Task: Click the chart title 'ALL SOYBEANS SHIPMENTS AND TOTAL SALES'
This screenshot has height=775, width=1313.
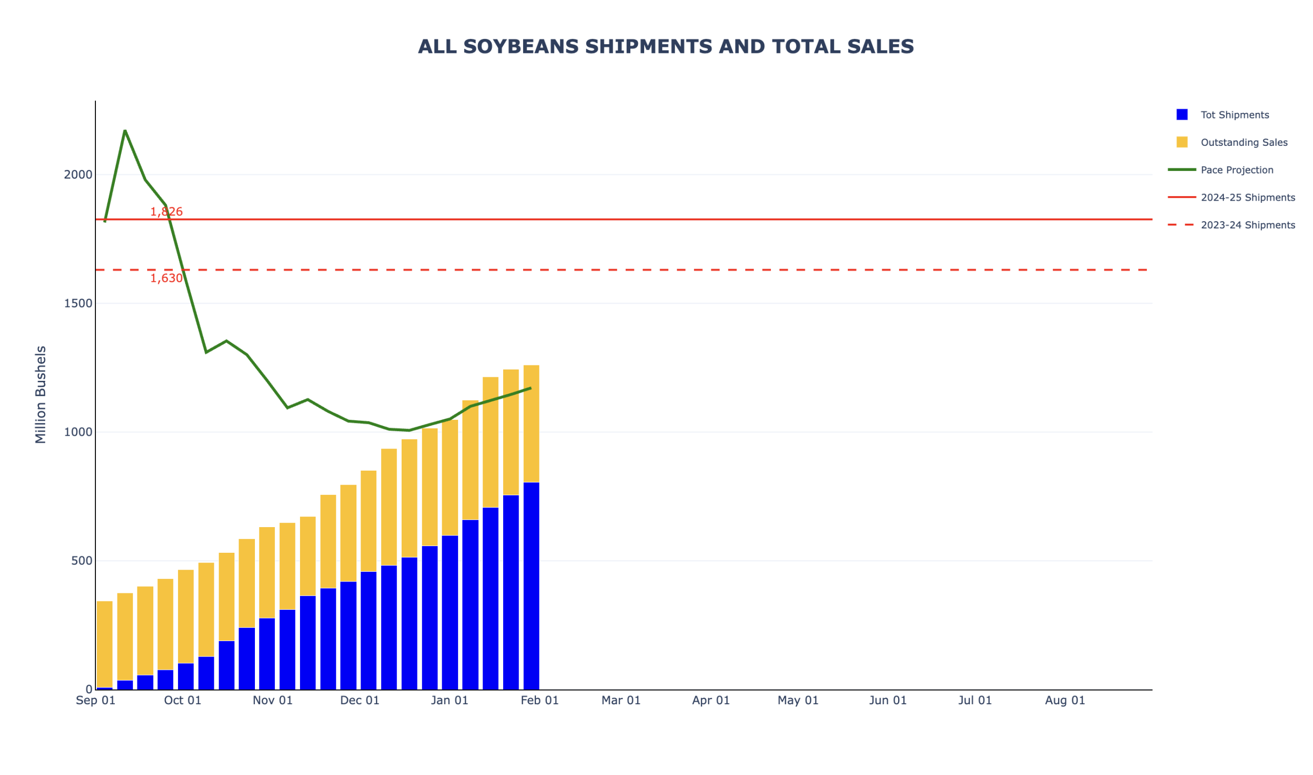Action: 665,47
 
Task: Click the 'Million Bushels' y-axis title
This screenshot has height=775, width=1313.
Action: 41,395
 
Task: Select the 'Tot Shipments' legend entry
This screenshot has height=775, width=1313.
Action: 1234,115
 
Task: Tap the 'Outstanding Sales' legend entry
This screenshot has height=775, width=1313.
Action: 1244,143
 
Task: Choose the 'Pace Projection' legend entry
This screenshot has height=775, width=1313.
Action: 1236,170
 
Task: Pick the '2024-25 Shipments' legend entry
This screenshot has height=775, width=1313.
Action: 1247,198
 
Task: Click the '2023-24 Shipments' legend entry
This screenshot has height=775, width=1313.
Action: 1247,226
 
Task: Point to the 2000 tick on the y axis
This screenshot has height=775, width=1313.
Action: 78,175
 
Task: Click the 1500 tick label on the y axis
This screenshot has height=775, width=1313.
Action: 78,303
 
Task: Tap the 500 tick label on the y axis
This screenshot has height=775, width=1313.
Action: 82,561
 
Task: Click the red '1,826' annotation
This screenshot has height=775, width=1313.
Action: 167,212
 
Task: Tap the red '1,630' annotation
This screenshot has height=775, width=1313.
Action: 167,278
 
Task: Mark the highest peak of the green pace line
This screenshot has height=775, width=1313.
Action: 125,130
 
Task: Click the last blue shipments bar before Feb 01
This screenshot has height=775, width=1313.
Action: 531,585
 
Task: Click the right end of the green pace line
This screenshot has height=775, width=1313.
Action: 531,388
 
